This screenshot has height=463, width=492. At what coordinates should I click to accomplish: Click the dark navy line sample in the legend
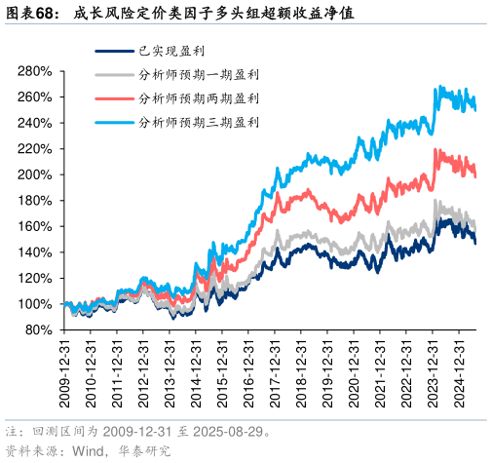pyautogui.click(x=113, y=51)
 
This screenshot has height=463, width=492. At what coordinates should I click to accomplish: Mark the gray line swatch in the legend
pyautogui.click(x=113, y=74)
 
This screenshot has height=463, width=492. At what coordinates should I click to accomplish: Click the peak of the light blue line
pyautogui.click(x=438, y=88)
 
